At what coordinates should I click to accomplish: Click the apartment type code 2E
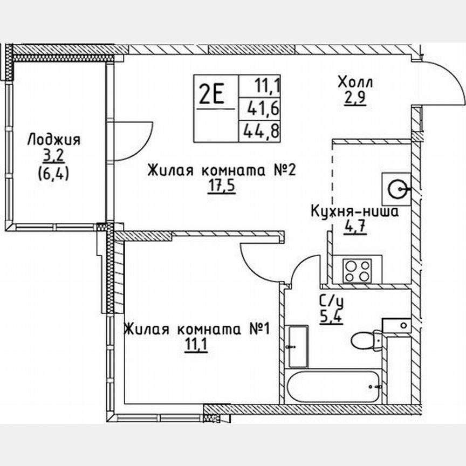(211, 95)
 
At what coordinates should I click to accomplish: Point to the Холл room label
(355, 83)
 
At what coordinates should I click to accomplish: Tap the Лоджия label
(53, 140)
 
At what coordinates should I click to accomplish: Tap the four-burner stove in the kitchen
(358, 270)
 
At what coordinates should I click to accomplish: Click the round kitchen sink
(398, 188)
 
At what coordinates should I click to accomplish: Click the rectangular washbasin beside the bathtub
(297, 346)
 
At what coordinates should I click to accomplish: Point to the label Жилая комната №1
(197, 329)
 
